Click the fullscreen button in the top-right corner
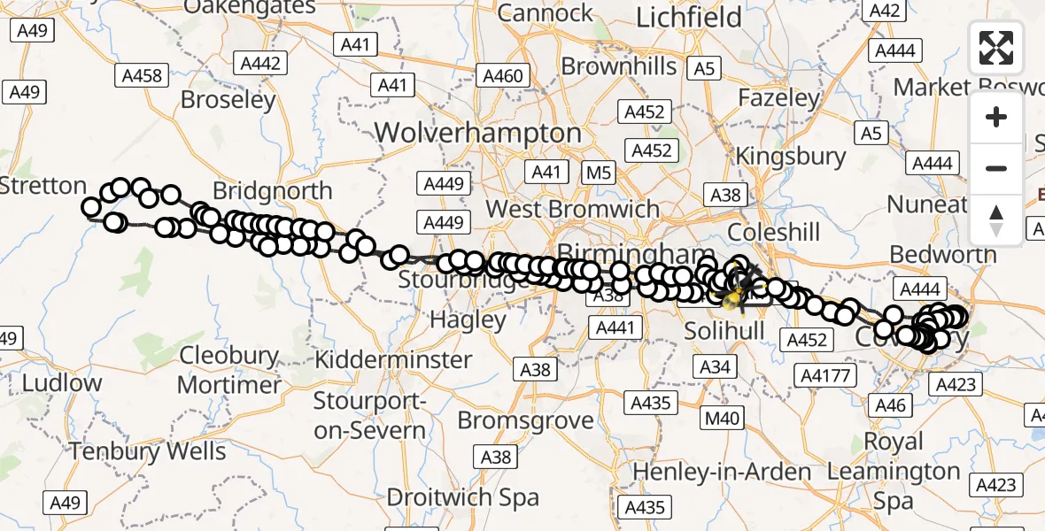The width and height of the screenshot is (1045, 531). tap(996, 47)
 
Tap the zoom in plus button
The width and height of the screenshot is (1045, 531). tap(996, 117)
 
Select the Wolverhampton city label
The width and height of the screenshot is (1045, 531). tap(478, 134)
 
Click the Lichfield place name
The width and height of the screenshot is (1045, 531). tap(677, 18)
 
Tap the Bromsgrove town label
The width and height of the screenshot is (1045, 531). tap(526, 419)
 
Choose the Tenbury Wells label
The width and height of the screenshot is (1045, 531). tap(148, 450)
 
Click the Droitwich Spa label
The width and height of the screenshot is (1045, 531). tap(463, 496)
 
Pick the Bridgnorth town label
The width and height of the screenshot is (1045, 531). tap(273, 191)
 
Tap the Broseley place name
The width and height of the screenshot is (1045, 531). tap(228, 100)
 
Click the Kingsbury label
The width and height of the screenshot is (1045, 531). tap(791, 157)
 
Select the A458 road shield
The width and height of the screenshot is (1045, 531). tap(142, 76)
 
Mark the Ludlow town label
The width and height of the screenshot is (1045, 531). tap(62, 383)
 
